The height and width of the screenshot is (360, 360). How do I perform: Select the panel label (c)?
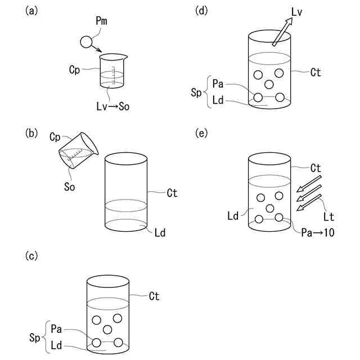point(33,256)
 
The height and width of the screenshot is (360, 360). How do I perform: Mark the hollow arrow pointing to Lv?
point(282,31)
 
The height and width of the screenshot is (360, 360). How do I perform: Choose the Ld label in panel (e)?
point(233,216)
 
